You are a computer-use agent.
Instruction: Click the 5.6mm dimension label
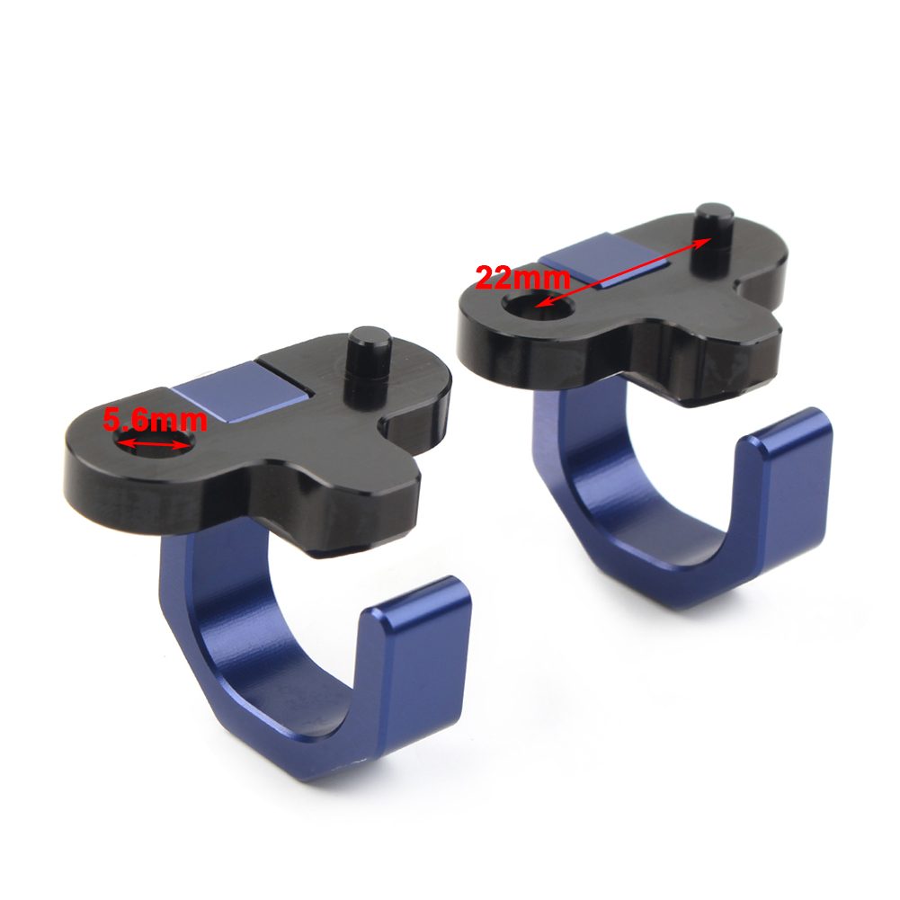click(155, 420)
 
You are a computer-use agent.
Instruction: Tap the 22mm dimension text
click(523, 279)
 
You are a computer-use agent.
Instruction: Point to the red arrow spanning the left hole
click(153, 443)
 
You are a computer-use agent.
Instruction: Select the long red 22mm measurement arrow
click(623, 272)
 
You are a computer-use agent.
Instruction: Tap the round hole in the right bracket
click(538, 305)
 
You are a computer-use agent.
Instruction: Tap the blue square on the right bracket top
click(606, 260)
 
